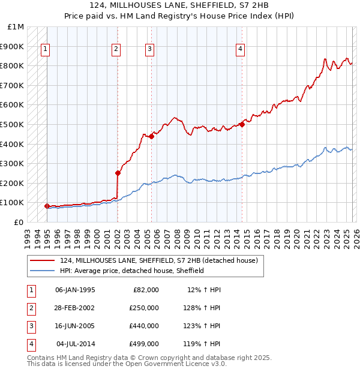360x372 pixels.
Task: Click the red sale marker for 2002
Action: click(x=118, y=173)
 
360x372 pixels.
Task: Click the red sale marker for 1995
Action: click(x=47, y=206)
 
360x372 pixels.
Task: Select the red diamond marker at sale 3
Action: click(x=151, y=136)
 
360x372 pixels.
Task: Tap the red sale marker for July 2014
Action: click(x=242, y=125)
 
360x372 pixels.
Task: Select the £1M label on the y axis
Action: click(x=17, y=27)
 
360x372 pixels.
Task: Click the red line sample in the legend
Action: click(x=42, y=260)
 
